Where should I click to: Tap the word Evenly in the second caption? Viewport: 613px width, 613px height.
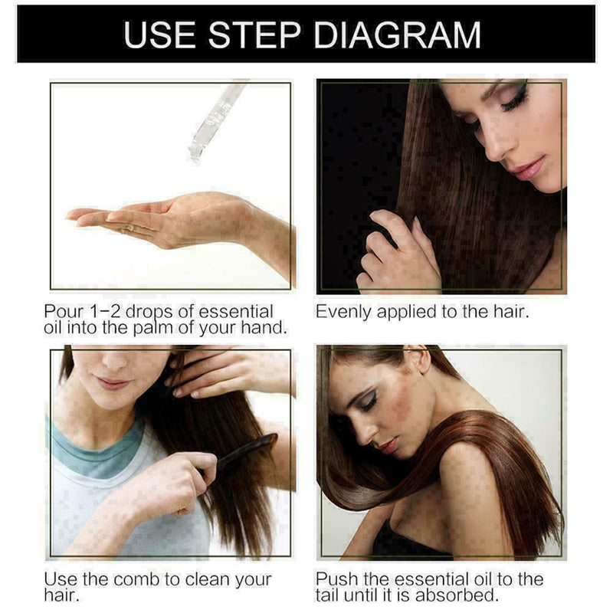pos(343,313)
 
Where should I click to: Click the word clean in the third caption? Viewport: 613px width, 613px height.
pos(201,579)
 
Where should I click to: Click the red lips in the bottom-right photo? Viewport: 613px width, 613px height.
pos(388,444)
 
